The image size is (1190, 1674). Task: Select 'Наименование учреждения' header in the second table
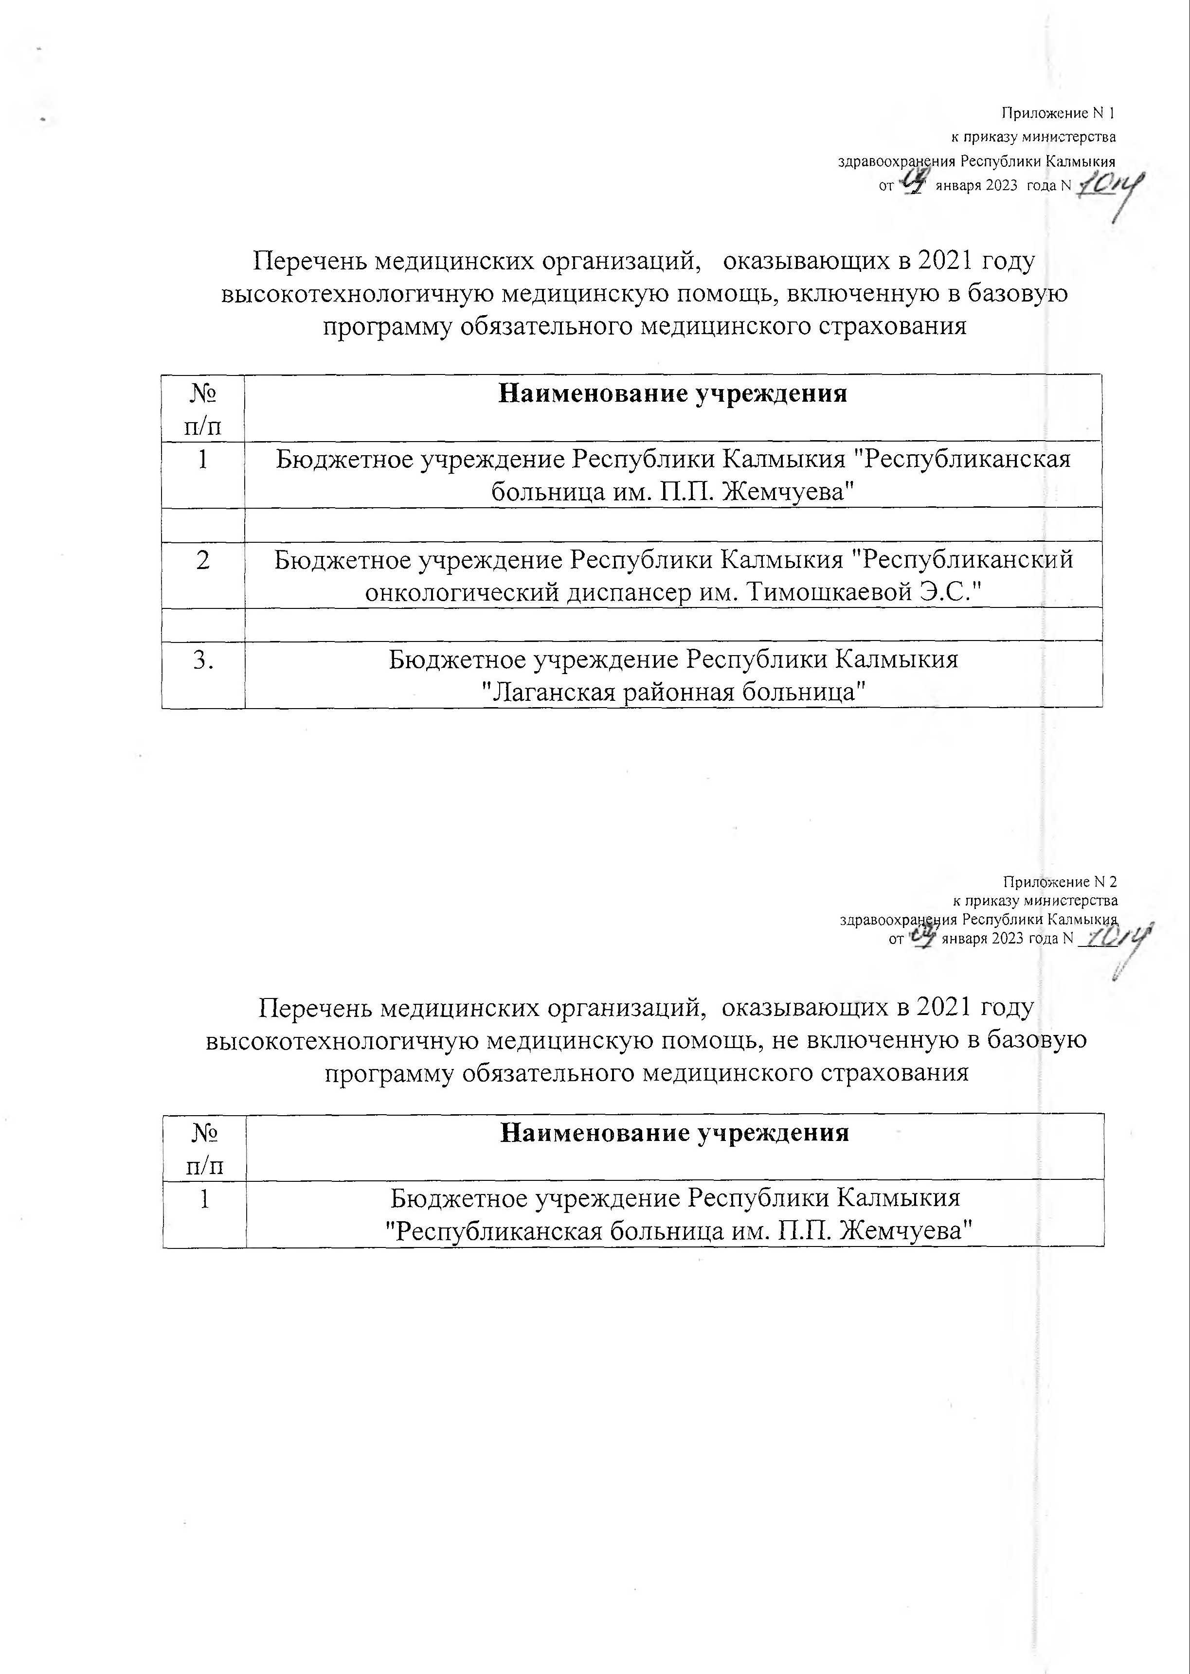[x=674, y=1133]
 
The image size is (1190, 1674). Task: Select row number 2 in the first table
[x=203, y=560]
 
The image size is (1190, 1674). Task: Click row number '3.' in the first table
[x=203, y=660]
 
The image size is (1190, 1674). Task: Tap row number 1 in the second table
[x=204, y=1199]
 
